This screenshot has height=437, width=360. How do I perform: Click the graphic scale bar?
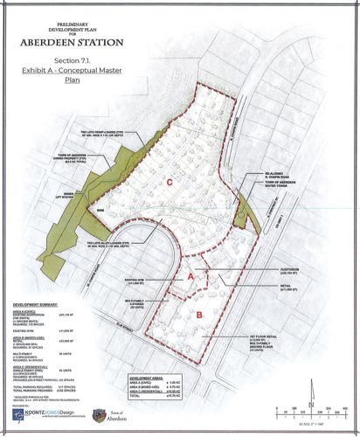click(x=314, y=410)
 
